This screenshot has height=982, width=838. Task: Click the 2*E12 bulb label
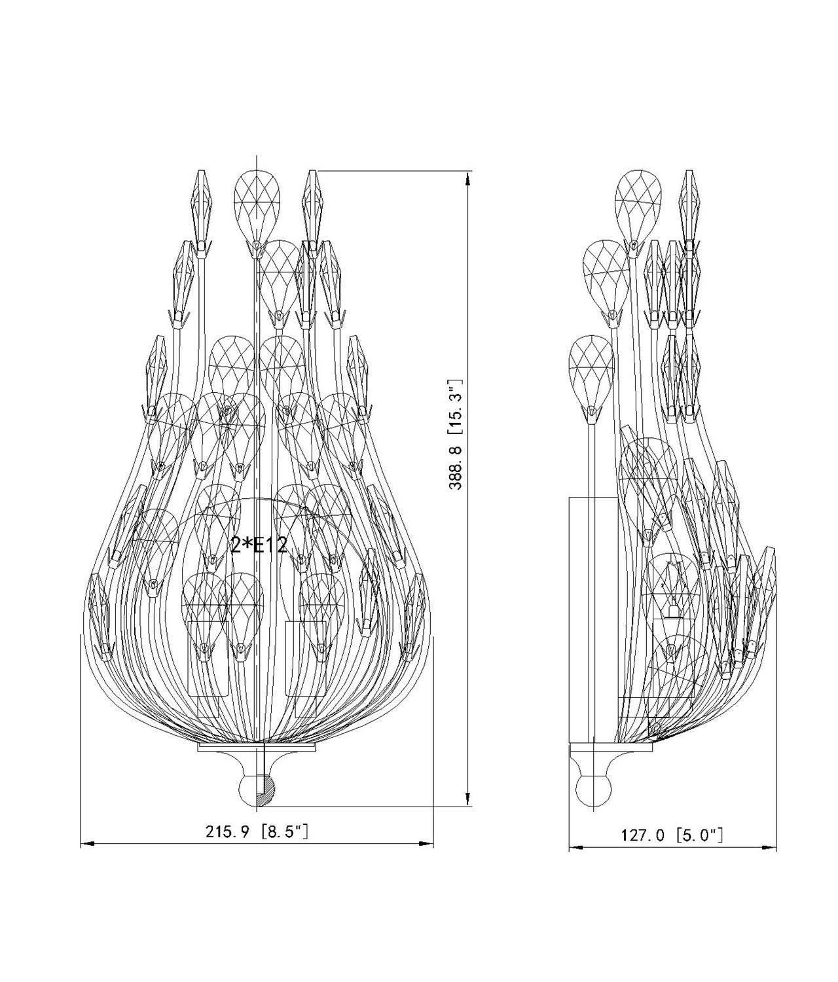[x=259, y=545]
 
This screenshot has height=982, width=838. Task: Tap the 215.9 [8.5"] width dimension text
[x=257, y=831]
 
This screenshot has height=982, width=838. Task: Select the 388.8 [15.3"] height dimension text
[x=454, y=434]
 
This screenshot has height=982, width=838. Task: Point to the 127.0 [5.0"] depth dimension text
[x=672, y=834]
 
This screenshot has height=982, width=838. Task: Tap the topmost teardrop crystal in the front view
[x=257, y=209]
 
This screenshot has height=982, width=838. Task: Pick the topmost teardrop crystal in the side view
[x=638, y=209]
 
